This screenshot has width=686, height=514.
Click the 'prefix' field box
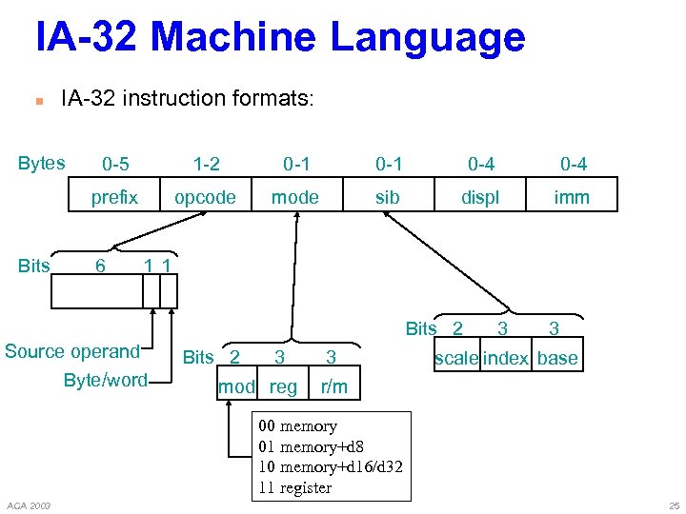click(x=114, y=197)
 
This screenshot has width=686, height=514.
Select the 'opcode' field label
click(x=205, y=197)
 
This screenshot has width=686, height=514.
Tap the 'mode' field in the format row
click(x=295, y=197)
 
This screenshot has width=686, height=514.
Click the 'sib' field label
click(x=387, y=197)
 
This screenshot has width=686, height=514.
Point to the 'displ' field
click(x=480, y=197)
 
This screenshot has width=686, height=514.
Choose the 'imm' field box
click(x=572, y=197)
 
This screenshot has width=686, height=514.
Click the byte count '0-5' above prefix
click(x=115, y=164)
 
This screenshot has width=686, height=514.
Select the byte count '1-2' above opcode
click(x=206, y=164)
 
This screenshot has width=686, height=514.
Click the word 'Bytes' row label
click(x=42, y=163)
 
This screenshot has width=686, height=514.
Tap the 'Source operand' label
click(x=72, y=351)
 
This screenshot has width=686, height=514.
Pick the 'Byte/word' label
click(x=105, y=381)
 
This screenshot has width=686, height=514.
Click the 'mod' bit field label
click(x=236, y=387)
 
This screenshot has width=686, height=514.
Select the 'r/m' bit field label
click(x=334, y=387)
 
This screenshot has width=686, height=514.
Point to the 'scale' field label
click(x=455, y=359)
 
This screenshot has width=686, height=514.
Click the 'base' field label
click(x=557, y=359)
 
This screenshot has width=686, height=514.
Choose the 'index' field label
click(x=506, y=359)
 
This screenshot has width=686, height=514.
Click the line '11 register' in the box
click(x=295, y=487)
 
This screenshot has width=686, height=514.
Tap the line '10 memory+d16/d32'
click(x=331, y=466)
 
